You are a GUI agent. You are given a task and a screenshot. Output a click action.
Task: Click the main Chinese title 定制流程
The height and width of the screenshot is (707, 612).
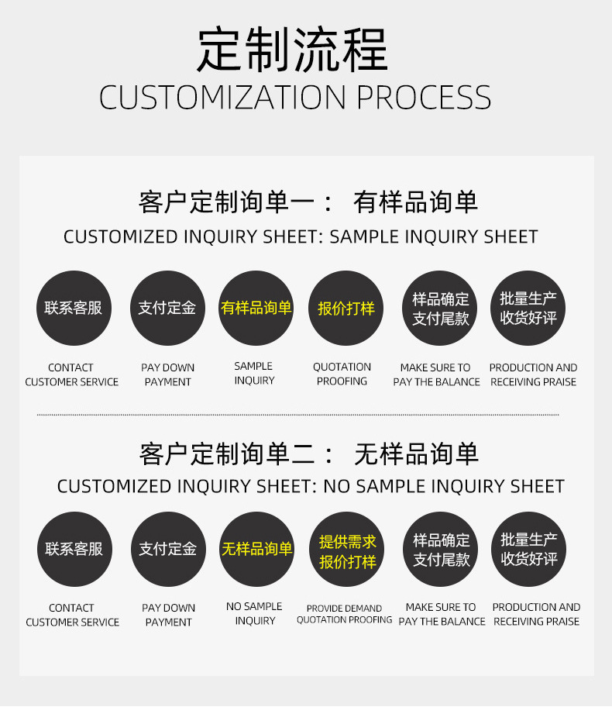click(x=293, y=50)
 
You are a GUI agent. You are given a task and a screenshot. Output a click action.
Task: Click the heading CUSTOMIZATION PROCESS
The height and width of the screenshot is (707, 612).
click(x=295, y=98)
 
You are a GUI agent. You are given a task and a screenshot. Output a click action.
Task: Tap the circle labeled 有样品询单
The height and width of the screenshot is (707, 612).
click(x=256, y=308)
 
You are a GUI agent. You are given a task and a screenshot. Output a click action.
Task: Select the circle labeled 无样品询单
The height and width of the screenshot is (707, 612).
click(x=256, y=549)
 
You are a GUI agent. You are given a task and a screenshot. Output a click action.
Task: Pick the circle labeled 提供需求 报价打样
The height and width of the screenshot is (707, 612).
click(x=347, y=550)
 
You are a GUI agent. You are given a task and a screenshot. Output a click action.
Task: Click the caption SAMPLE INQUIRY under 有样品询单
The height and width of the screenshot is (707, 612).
click(x=254, y=373)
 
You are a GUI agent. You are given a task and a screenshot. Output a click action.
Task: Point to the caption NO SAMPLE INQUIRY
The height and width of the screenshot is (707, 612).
click(x=254, y=613)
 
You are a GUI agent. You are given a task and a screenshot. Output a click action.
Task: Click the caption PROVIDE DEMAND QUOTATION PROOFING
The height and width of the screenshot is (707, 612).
click(x=344, y=614)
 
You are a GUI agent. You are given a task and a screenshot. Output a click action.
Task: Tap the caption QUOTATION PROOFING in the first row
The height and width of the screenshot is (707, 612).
click(x=342, y=374)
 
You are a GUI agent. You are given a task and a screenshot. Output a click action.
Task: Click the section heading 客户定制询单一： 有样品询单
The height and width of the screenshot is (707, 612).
click(x=308, y=202)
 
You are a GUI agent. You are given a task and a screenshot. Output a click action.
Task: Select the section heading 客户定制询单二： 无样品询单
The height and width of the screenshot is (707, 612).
click(x=308, y=454)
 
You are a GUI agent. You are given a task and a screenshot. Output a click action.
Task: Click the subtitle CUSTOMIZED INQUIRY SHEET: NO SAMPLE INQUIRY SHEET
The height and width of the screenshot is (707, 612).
click(x=311, y=487)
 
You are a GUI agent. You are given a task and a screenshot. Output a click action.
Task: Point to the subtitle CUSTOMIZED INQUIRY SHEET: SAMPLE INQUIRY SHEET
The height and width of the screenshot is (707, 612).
click(x=301, y=236)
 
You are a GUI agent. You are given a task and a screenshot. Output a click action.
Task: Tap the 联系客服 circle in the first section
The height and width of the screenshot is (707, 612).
click(x=74, y=308)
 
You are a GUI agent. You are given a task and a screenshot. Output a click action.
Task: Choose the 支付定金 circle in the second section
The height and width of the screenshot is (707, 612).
click(x=167, y=549)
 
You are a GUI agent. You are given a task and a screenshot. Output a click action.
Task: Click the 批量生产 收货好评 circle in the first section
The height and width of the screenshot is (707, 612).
click(x=528, y=308)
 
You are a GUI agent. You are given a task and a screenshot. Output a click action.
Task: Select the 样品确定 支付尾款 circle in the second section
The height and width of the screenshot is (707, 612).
click(x=441, y=549)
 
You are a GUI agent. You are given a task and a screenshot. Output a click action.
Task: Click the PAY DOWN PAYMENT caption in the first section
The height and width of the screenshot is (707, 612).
click(x=167, y=374)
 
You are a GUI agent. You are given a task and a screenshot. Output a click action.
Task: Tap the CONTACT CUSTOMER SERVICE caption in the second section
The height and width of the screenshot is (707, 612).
click(x=72, y=615)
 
